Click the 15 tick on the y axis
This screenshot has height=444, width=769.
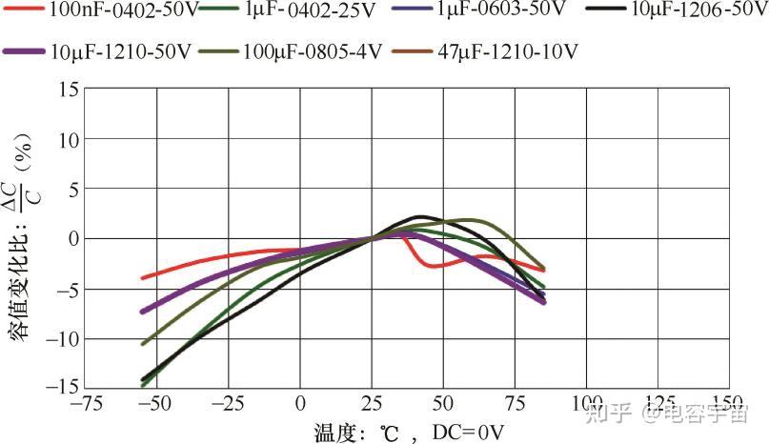[67, 90]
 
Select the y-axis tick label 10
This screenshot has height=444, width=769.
[67, 139]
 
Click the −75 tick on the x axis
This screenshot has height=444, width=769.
[86, 404]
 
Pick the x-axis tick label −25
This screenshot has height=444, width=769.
[229, 404]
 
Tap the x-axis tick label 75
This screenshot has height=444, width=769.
[515, 404]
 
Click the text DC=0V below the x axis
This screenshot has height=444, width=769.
[469, 432]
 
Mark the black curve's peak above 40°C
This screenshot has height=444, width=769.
[422, 216]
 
